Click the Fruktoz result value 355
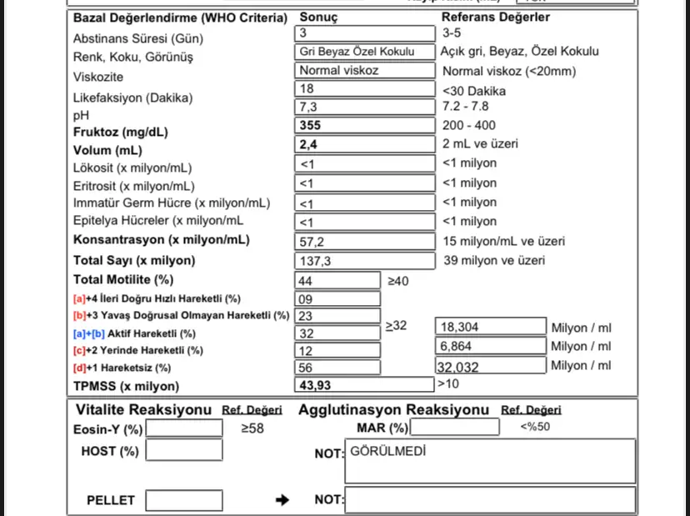(x=365, y=125)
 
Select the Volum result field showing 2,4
(x=365, y=144)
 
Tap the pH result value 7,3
(x=365, y=106)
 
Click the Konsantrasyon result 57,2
(x=365, y=241)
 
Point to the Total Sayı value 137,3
(x=365, y=261)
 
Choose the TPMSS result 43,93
(x=365, y=385)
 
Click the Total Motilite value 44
(x=336, y=281)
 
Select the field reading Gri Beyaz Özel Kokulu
(x=365, y=51)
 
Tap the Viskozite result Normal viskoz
(x=365, y=71)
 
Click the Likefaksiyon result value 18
(x=365, y=88)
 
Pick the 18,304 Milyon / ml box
(x=491, y=328)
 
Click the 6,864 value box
(x=491, y=346)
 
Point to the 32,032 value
(x=491, y=365)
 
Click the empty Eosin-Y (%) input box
(x=184, y=428)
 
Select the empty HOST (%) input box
(x=184, y=450)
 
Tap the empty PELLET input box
(x=184, y=500)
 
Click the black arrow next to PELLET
(x=282, y=500)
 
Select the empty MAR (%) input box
(x=454, y=428)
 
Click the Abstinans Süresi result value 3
(x=365, y=33)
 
